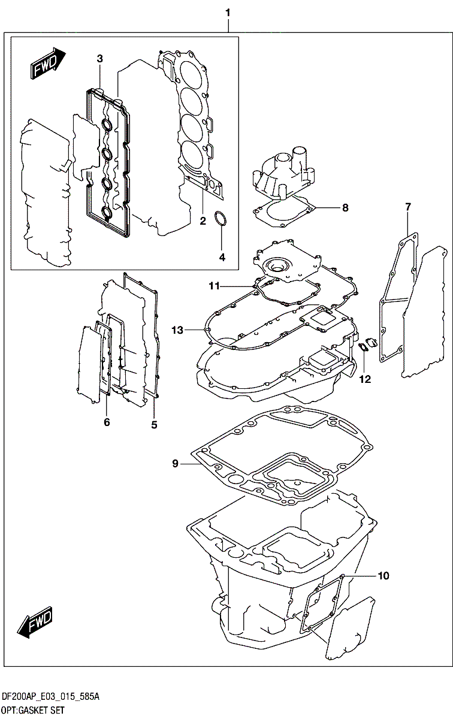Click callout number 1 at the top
[x=228, y=12]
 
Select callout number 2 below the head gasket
[x=203, y=221]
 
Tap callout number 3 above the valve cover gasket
[x=100, y=58]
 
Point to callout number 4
[x=222, y=257]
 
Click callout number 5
[x=154, y=425]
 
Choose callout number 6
[x=107, y=422]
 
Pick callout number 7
[x=408, y=207]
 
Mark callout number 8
[x=345, y=208]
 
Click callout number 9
[x=175, y=463]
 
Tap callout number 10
[x=383, y=576]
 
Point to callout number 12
[x=366, y=379]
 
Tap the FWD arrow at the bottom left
[x=35, y=623]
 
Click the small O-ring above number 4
[x=221, y=219]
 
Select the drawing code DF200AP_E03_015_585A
[x=50, y=697]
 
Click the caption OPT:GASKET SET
[x=33, y=711]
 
